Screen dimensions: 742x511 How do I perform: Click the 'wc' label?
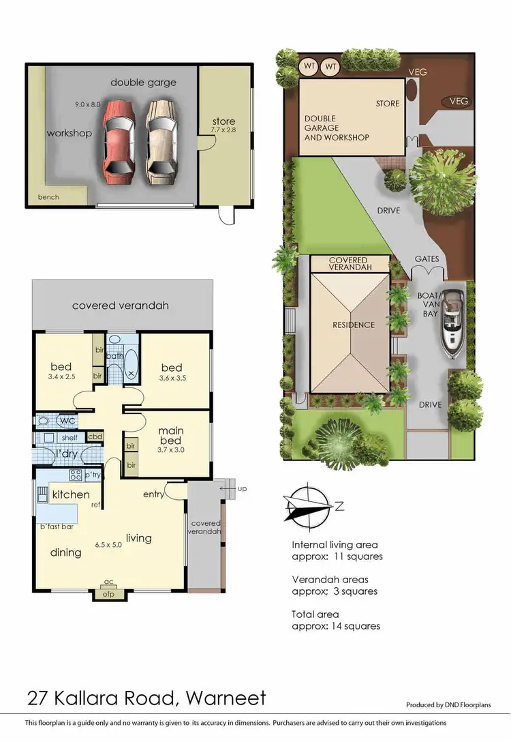(67, 420)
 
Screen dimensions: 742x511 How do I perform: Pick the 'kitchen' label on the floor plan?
(71, 494)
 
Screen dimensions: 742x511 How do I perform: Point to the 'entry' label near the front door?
(153, 494)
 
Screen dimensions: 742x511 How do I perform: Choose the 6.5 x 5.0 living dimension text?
(106, 546)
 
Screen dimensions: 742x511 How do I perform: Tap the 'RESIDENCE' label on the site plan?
(354, 325)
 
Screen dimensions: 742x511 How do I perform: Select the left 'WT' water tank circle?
(309, 67)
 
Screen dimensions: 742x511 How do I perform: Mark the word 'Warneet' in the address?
(223, 698)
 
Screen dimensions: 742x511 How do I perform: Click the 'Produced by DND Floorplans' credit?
(457, 705)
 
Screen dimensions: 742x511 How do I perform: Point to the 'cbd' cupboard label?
(95, 436)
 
